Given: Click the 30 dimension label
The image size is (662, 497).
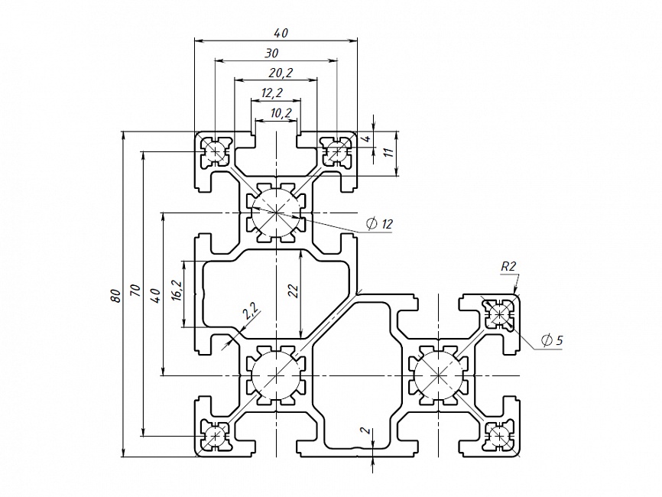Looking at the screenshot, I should (x=271, y=53).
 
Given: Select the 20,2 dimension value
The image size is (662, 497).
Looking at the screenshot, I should (x=281, y=73).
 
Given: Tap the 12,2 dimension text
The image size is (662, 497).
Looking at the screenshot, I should (x=272, y=93).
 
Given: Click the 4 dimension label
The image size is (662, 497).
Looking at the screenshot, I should (x=366, y=138).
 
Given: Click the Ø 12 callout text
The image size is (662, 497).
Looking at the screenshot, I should (x=379, y=223).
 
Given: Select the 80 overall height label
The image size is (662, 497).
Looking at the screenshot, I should (x=115, y=295).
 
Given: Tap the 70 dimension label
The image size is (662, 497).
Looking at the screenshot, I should (x=135, y=291).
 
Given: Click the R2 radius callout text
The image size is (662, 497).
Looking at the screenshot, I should (x=508, y=266).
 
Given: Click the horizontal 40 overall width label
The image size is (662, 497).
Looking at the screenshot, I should (x=281, y=33).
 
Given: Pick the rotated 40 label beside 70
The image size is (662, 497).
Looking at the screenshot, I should (x=155, y=295).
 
